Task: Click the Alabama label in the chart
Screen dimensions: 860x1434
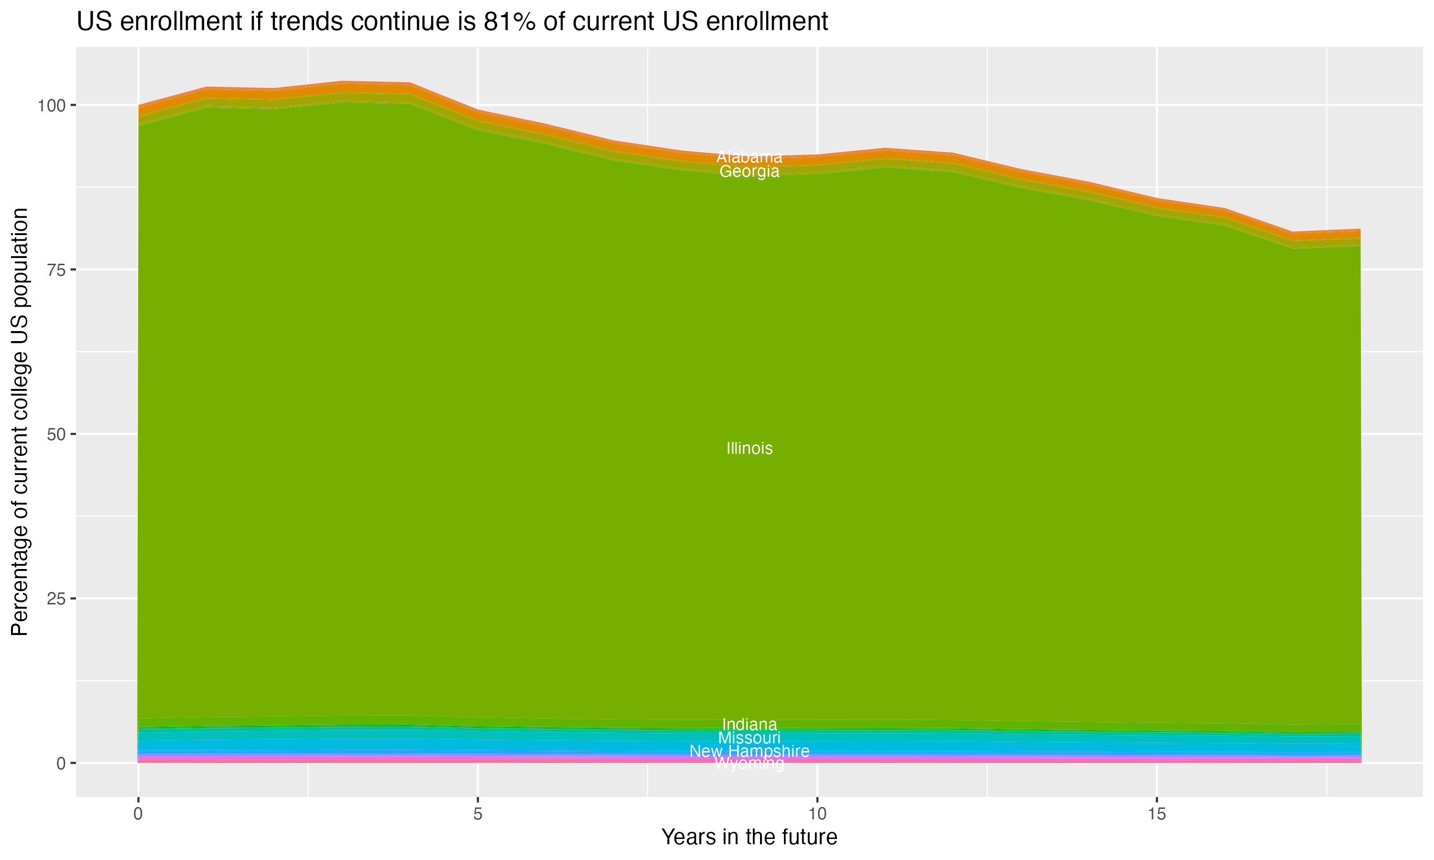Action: pyautogui.click(x=749, y=157)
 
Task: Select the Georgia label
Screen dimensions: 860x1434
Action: pyautogui.click(x=749, y=172)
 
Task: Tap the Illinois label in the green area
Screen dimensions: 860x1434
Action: pyautogui.click(x=749, y=449)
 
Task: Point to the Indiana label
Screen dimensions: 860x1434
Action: pyautogui.click(x=749, y=724)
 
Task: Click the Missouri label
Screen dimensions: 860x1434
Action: pyautogui.click(x=749, y=738)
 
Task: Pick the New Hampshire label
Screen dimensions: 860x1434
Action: pyautogui.click(x=749, y=752)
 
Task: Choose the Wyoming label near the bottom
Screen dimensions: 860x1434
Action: pyautogui.click(x=749, y=764)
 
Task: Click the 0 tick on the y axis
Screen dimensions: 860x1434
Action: pyautogui.click(x=60, y=763)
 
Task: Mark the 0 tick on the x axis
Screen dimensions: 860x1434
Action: pyautogui.click(x=138, y=814)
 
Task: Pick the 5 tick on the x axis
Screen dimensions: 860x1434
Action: pyautogui.click(x=478, y=814)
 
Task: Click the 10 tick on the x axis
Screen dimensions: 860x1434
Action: pyautogui.click(x=817, y=814)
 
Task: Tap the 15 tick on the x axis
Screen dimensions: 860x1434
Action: pyautogui.click(x=1156, y=814)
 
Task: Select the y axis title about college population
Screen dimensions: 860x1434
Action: pyautogui.click(x=20, y=422)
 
